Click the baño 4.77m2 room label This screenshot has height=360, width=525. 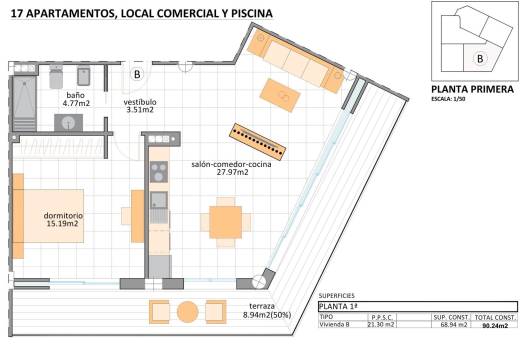(76, 98)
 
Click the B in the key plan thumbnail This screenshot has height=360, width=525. (480, 58)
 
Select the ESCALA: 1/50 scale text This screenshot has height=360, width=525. (448, 100)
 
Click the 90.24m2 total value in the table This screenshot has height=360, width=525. (494, 325)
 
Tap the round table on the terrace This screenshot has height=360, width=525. (187, 312)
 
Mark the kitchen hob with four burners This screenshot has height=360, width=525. (158, 172)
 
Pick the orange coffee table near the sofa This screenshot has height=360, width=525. (280, 95)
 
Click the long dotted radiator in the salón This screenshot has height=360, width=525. (258, 141)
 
